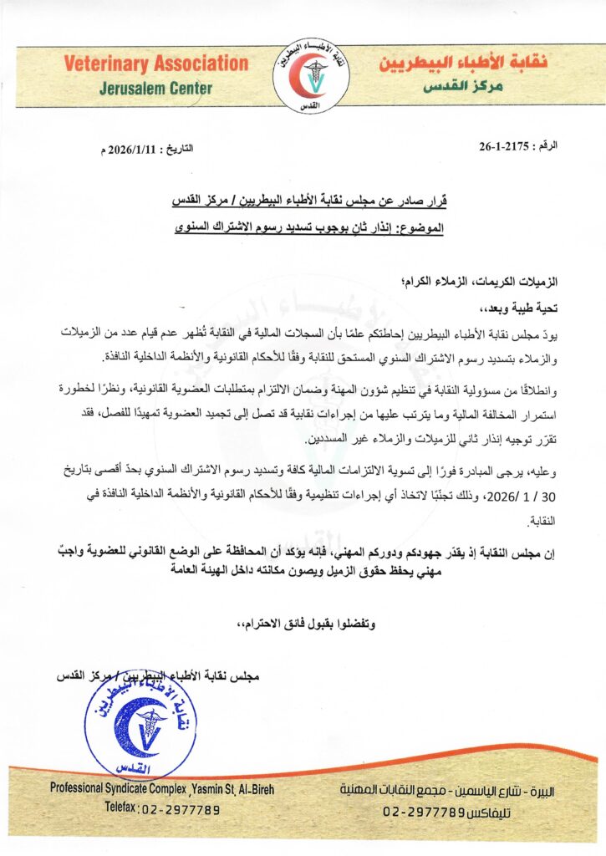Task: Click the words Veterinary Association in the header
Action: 155,64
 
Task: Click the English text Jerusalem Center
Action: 156,87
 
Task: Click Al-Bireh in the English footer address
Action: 247,788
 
